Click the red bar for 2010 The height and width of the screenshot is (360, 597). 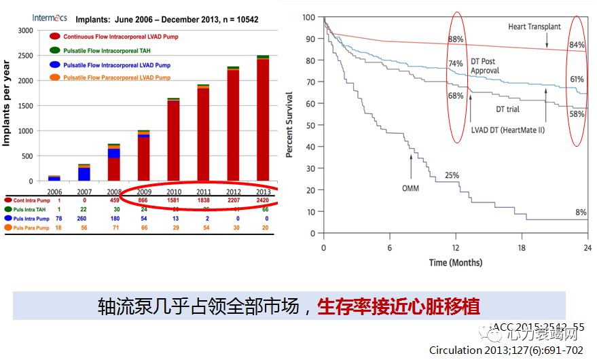click(173, 141)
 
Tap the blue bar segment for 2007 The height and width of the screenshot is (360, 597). click(84, 173)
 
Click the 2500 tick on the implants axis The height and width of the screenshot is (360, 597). click(24, 56)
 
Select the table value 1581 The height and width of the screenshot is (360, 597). click(173, 201)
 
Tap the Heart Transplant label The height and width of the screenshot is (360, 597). click(535, 26)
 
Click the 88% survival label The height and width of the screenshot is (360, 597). click(455, 39)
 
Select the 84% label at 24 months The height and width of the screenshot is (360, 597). click(577, 46)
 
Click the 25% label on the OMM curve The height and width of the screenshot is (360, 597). click(452, 175)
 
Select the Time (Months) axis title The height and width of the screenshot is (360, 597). click(455, 262)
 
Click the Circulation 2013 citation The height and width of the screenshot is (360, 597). click(506, 350)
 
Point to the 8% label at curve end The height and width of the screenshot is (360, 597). click(581, 213)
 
